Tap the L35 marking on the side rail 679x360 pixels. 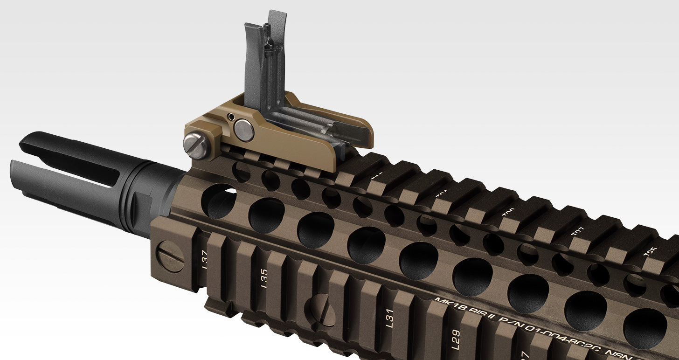click(263, 279)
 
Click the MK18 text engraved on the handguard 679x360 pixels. click(450, 305)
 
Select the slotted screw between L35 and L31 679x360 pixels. click(320, 310)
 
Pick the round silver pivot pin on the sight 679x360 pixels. click(244, 130)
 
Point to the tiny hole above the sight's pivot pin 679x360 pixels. click(231, 116)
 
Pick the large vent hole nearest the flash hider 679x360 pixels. click(219, 201)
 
